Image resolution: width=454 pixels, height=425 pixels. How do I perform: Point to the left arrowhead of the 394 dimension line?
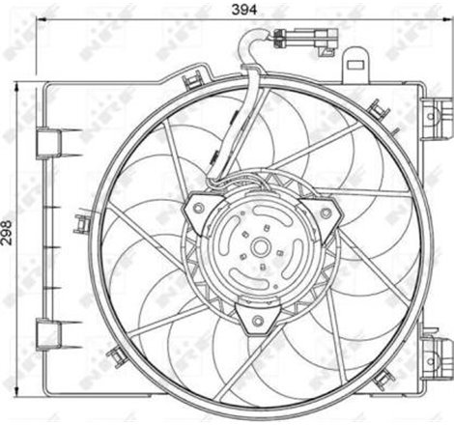(39, 21)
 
